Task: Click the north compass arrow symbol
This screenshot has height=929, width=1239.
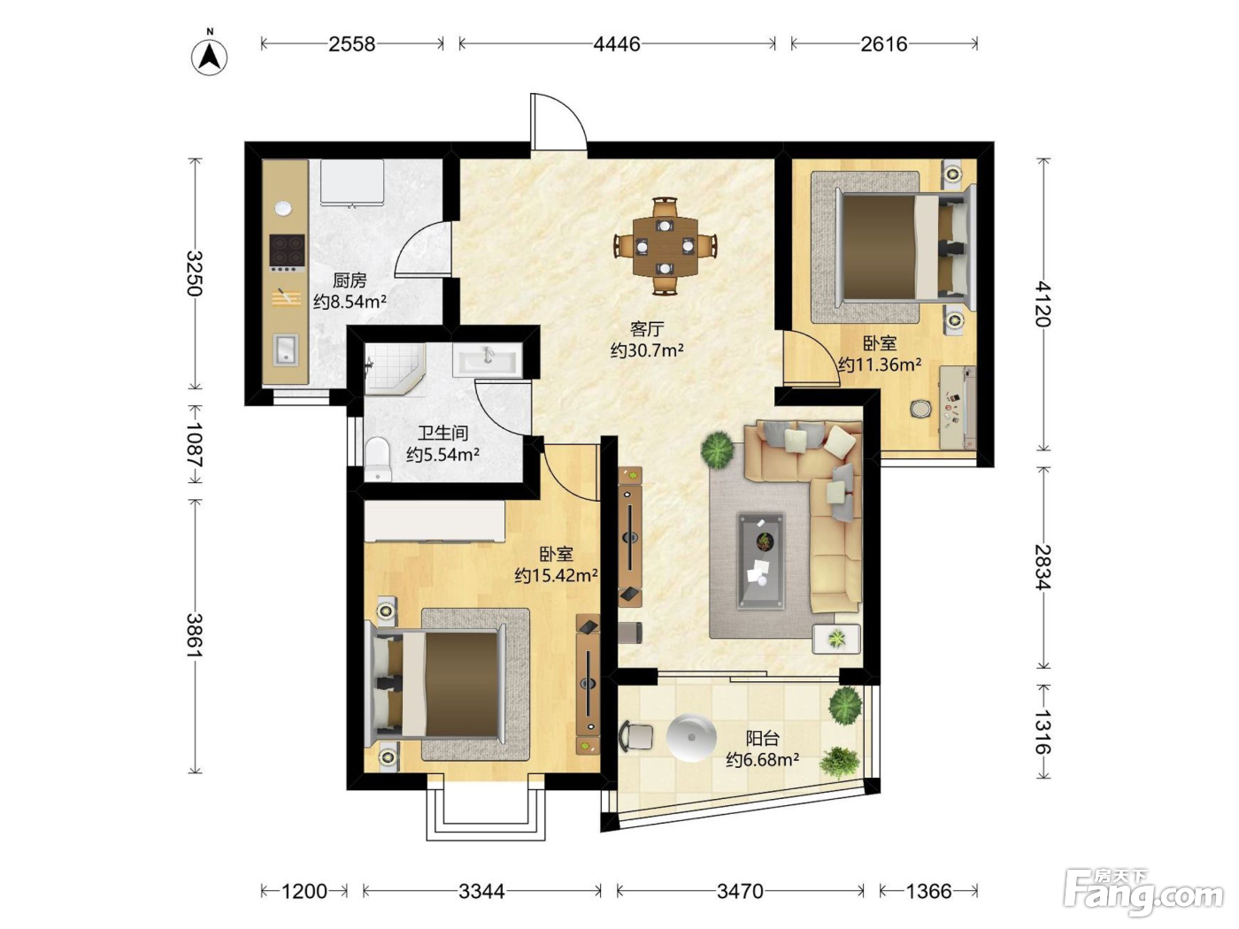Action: tap(210, 57)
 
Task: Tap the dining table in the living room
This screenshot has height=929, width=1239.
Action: tap(665, 246)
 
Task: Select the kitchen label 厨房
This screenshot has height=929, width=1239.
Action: tap(350, 280)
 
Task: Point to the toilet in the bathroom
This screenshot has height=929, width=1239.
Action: tap(378, 459)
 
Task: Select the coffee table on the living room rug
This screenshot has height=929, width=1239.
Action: tap(761, 560)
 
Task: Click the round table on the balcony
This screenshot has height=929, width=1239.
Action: tap(691, 738)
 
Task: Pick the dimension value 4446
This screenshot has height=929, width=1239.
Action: tap(616, 44)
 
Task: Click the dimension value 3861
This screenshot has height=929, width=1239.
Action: tap(196, 634)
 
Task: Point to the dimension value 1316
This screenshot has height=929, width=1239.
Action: tap(1043, 732)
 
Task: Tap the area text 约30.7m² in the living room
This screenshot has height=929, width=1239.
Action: tap(647, 350)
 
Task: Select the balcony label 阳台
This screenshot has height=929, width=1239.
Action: tap(763, 739)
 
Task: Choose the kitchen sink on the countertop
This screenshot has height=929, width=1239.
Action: tap(286, 349)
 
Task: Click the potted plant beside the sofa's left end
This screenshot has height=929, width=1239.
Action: tap(717, 449)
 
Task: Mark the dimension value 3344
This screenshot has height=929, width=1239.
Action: tap(481, 891)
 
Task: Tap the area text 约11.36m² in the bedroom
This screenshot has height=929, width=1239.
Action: tap(880, 365)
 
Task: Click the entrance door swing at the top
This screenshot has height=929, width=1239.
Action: tap(558, 120)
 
